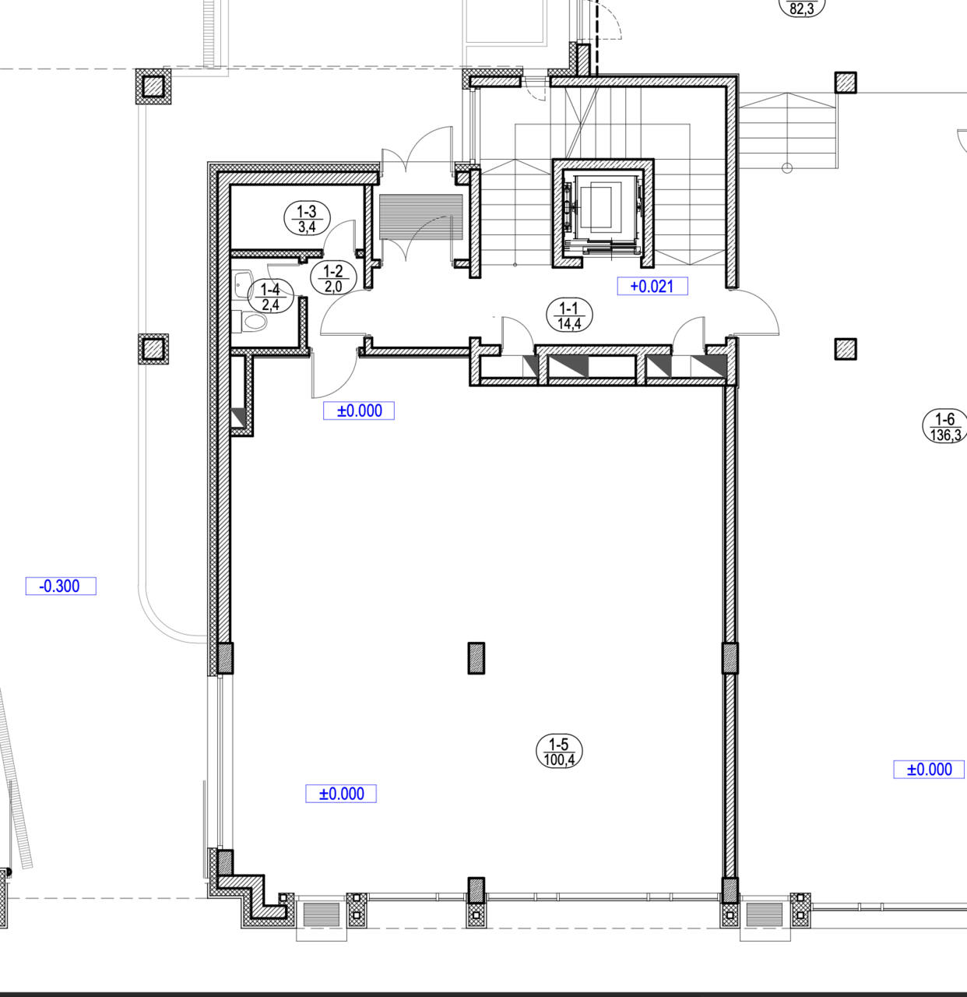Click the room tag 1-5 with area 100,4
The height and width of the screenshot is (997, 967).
pyautogui.click(x=559, y=751)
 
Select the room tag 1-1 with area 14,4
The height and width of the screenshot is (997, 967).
pyautogui.click(x=569, y=315)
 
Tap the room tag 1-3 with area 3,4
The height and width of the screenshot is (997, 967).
pyautogui.click(x=307, y=218)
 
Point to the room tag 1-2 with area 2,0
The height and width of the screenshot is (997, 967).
pyautogui.click(x=333, y=278)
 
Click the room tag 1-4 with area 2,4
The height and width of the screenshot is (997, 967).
pyautogui.click(x=270, y=296)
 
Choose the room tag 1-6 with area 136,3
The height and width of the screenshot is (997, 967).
pyautogui.click(x=945, y=426)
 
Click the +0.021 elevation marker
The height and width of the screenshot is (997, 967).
pyautogui.click(x=652, y=286)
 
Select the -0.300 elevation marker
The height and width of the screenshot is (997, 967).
pyautogui.click(x=61, y=586)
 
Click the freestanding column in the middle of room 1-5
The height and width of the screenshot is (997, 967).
pyautogui.click(x=476, y=658)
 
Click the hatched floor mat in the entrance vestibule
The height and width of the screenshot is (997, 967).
pyautogui.click(x=420, y=217)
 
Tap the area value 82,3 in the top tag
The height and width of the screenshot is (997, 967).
pyautogui.click(x=802, y=9)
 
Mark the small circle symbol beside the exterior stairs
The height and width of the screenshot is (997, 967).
pyautogui.click(x=787, y=167)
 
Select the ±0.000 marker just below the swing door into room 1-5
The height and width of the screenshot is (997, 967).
pyautogui.click(x=358, y=410)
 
